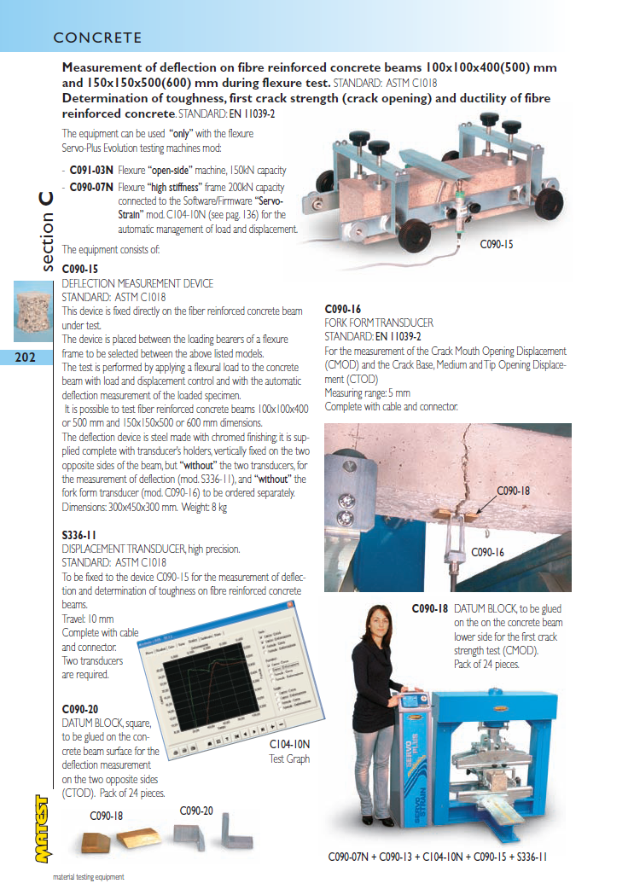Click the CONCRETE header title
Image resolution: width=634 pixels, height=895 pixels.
97,38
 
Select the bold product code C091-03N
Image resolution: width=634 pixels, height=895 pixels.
91,171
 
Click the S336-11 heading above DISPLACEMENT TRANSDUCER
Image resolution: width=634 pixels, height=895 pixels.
80,536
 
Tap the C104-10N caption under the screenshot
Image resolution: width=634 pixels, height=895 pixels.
289,744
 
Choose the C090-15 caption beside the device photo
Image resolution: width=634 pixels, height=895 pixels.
496,244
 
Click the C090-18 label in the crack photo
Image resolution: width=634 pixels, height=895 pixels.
514,491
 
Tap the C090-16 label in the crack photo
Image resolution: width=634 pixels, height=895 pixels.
488,552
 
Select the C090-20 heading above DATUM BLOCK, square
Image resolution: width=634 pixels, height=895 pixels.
80,709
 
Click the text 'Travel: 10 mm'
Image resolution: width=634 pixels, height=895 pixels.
87,619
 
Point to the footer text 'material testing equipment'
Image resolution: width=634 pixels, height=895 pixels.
89,877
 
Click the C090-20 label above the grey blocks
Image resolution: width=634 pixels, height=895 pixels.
196,811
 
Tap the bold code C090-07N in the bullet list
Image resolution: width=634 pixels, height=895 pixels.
92,187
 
